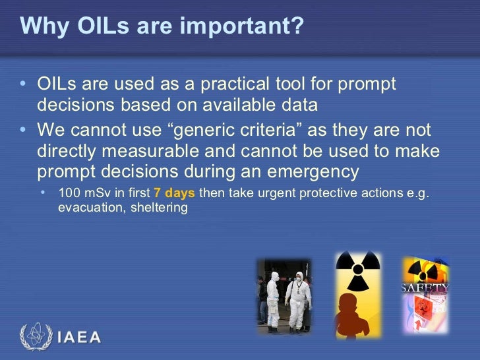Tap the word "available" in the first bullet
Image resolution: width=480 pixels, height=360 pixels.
click(x=247, y=105)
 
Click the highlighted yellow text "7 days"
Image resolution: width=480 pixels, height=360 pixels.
click(x=175, y=194)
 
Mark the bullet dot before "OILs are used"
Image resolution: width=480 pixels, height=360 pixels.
click(x=24, y=85)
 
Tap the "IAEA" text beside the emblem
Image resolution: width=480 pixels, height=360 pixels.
click(x=79, y=338)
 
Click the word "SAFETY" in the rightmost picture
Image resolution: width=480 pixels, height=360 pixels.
click(x=425, y=287)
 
